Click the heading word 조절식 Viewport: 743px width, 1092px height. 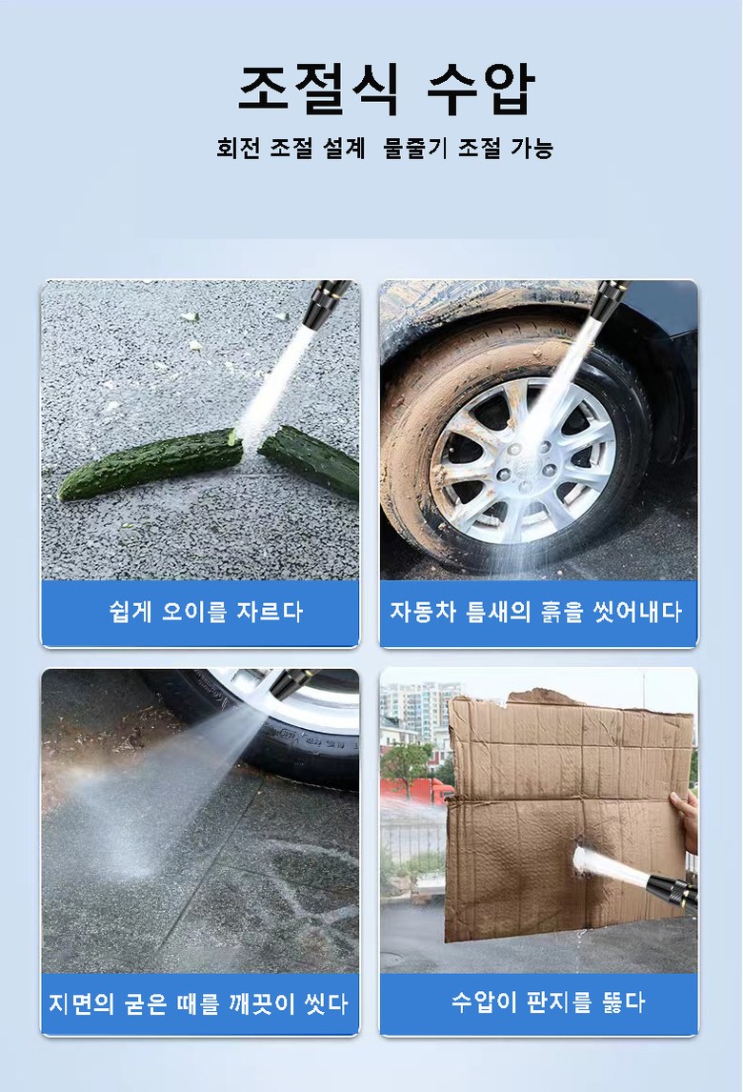pos(318,89)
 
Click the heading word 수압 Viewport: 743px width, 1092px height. pos(480,89)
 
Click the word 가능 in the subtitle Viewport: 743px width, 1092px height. pos(532,148)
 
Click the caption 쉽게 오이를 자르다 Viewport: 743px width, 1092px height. pos(206,612)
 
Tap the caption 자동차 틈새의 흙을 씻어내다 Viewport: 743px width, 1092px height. pos(535,612)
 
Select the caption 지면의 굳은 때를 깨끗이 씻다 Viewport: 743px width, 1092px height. pos(198,1003)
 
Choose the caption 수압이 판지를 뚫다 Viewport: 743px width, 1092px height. pos(548,1002)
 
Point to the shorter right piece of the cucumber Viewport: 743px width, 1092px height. pos(310,459)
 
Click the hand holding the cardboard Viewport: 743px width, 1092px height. pos(685,820)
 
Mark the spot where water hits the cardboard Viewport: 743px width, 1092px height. pos(581,858)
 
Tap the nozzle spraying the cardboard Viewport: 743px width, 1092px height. pos(672,891)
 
